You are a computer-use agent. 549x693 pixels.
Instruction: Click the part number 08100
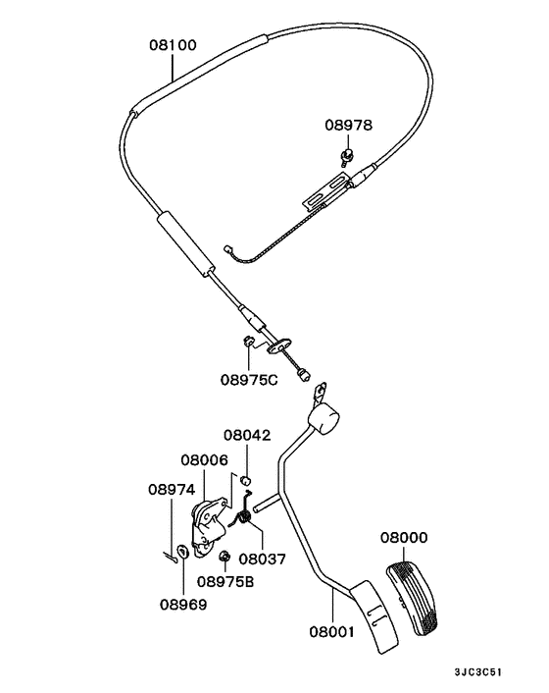[x=173, y=44]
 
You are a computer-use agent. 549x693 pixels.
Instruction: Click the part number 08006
[x=204, y=459]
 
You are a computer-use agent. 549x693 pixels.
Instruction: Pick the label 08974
[x=172, y=489]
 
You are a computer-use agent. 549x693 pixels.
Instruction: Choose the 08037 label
[x=262, y=560]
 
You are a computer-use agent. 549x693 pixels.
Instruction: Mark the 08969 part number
[x=183, y=605]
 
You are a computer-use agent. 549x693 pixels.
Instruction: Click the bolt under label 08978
[x=348, y=154]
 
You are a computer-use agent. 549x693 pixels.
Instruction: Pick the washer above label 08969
[x=183, y=550]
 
